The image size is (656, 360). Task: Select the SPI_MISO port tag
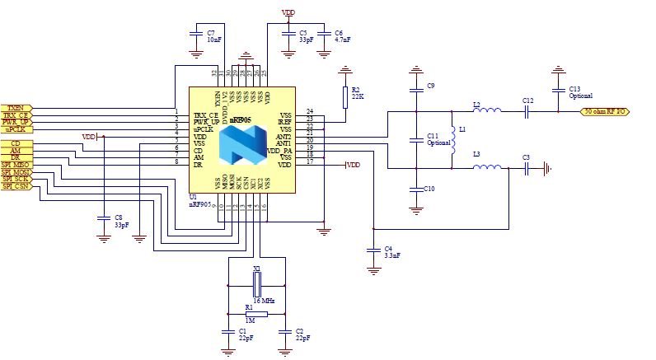click(x=16, y=163)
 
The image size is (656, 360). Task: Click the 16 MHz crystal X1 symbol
click(x=256, y=285)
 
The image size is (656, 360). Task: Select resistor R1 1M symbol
click(x=255, y=313)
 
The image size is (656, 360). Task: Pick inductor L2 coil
click(x=487, y=111)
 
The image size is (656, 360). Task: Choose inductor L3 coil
click(x=487, y=168)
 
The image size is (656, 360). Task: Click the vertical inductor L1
click(x=452, y=140)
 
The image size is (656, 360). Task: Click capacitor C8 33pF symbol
click(x=102, y=217)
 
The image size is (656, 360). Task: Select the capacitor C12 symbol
click(x=528, y=111)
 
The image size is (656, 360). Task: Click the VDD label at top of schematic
click(x=288, y=13)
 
